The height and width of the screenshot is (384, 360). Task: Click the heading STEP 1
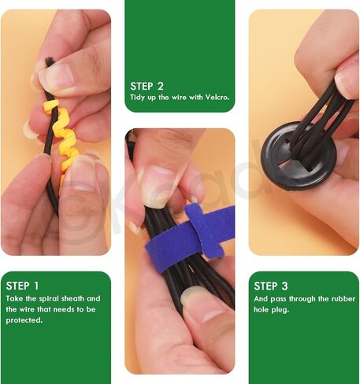[x=22, y=286]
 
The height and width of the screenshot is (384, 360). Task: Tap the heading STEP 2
[x=147, y=87]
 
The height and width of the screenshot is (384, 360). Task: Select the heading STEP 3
[x=271, y=286]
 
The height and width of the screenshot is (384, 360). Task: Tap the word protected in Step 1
[x=24, y=320]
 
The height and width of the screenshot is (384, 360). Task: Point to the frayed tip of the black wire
[x=49, y=61]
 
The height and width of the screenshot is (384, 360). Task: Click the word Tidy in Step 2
[x=138, y=98]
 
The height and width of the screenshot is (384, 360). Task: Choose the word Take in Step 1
[x=14, y=299]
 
